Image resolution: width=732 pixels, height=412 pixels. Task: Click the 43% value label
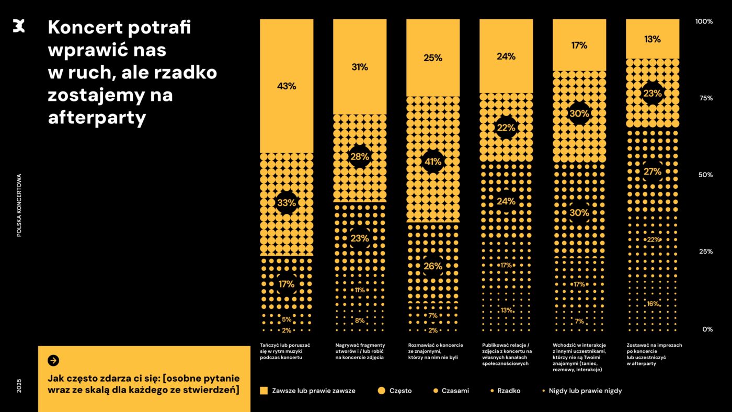[287, 86]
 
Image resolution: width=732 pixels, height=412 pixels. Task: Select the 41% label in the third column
[433, 162]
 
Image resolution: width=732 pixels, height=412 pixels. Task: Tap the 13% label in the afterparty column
[653, 39]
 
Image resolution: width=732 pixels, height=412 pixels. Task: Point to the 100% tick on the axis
[704, 21]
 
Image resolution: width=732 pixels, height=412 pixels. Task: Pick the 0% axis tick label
[707, 329]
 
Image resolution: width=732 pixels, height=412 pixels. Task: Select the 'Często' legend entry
[394, 391]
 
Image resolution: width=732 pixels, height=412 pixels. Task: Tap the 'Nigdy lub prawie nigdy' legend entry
[581, 391]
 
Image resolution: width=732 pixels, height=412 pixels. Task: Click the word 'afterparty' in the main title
[97, 118]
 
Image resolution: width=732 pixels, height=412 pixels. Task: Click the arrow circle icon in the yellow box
[53, 360]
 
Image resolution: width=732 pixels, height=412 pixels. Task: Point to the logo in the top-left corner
[19, 25]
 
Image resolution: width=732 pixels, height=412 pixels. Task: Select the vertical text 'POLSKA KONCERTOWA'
[19, 205]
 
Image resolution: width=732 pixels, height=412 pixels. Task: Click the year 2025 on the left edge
[19, 386]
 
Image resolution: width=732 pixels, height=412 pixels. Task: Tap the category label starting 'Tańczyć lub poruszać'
[285, 351]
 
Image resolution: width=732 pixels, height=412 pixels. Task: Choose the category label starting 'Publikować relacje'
[507, 354]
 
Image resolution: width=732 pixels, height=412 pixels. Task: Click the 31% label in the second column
[360, 67]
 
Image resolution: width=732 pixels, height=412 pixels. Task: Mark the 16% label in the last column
[653, 304]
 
